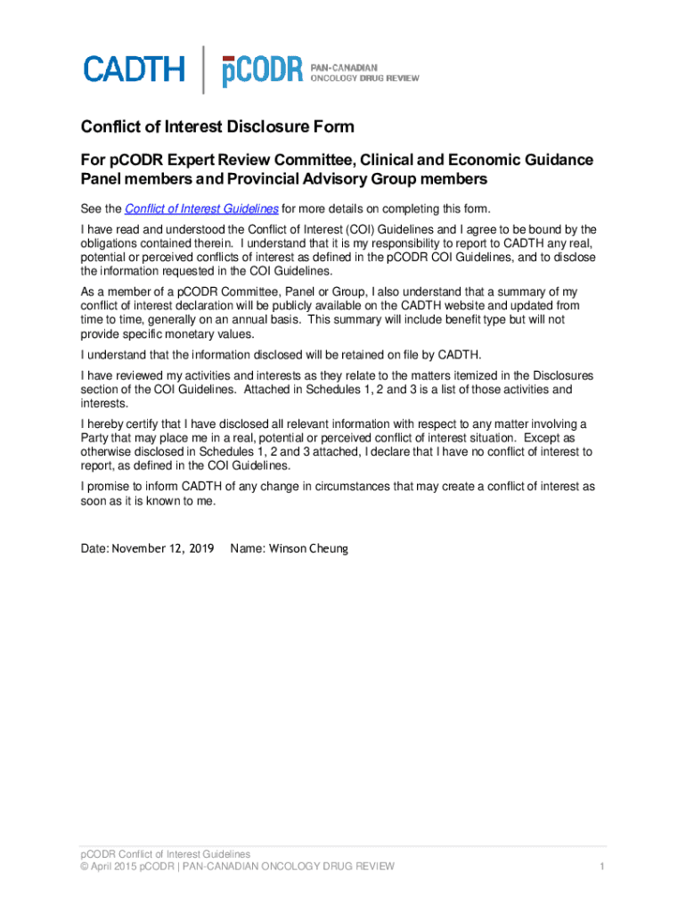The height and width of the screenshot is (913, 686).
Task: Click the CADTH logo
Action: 135,70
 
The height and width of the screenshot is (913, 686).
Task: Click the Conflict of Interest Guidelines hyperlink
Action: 201,209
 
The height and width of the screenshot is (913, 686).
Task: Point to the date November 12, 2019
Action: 162,548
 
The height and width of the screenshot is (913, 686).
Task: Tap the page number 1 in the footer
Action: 602,866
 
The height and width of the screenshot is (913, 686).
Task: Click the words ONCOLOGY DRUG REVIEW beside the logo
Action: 364,78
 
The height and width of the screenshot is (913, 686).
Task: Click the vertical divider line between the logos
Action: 203,70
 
